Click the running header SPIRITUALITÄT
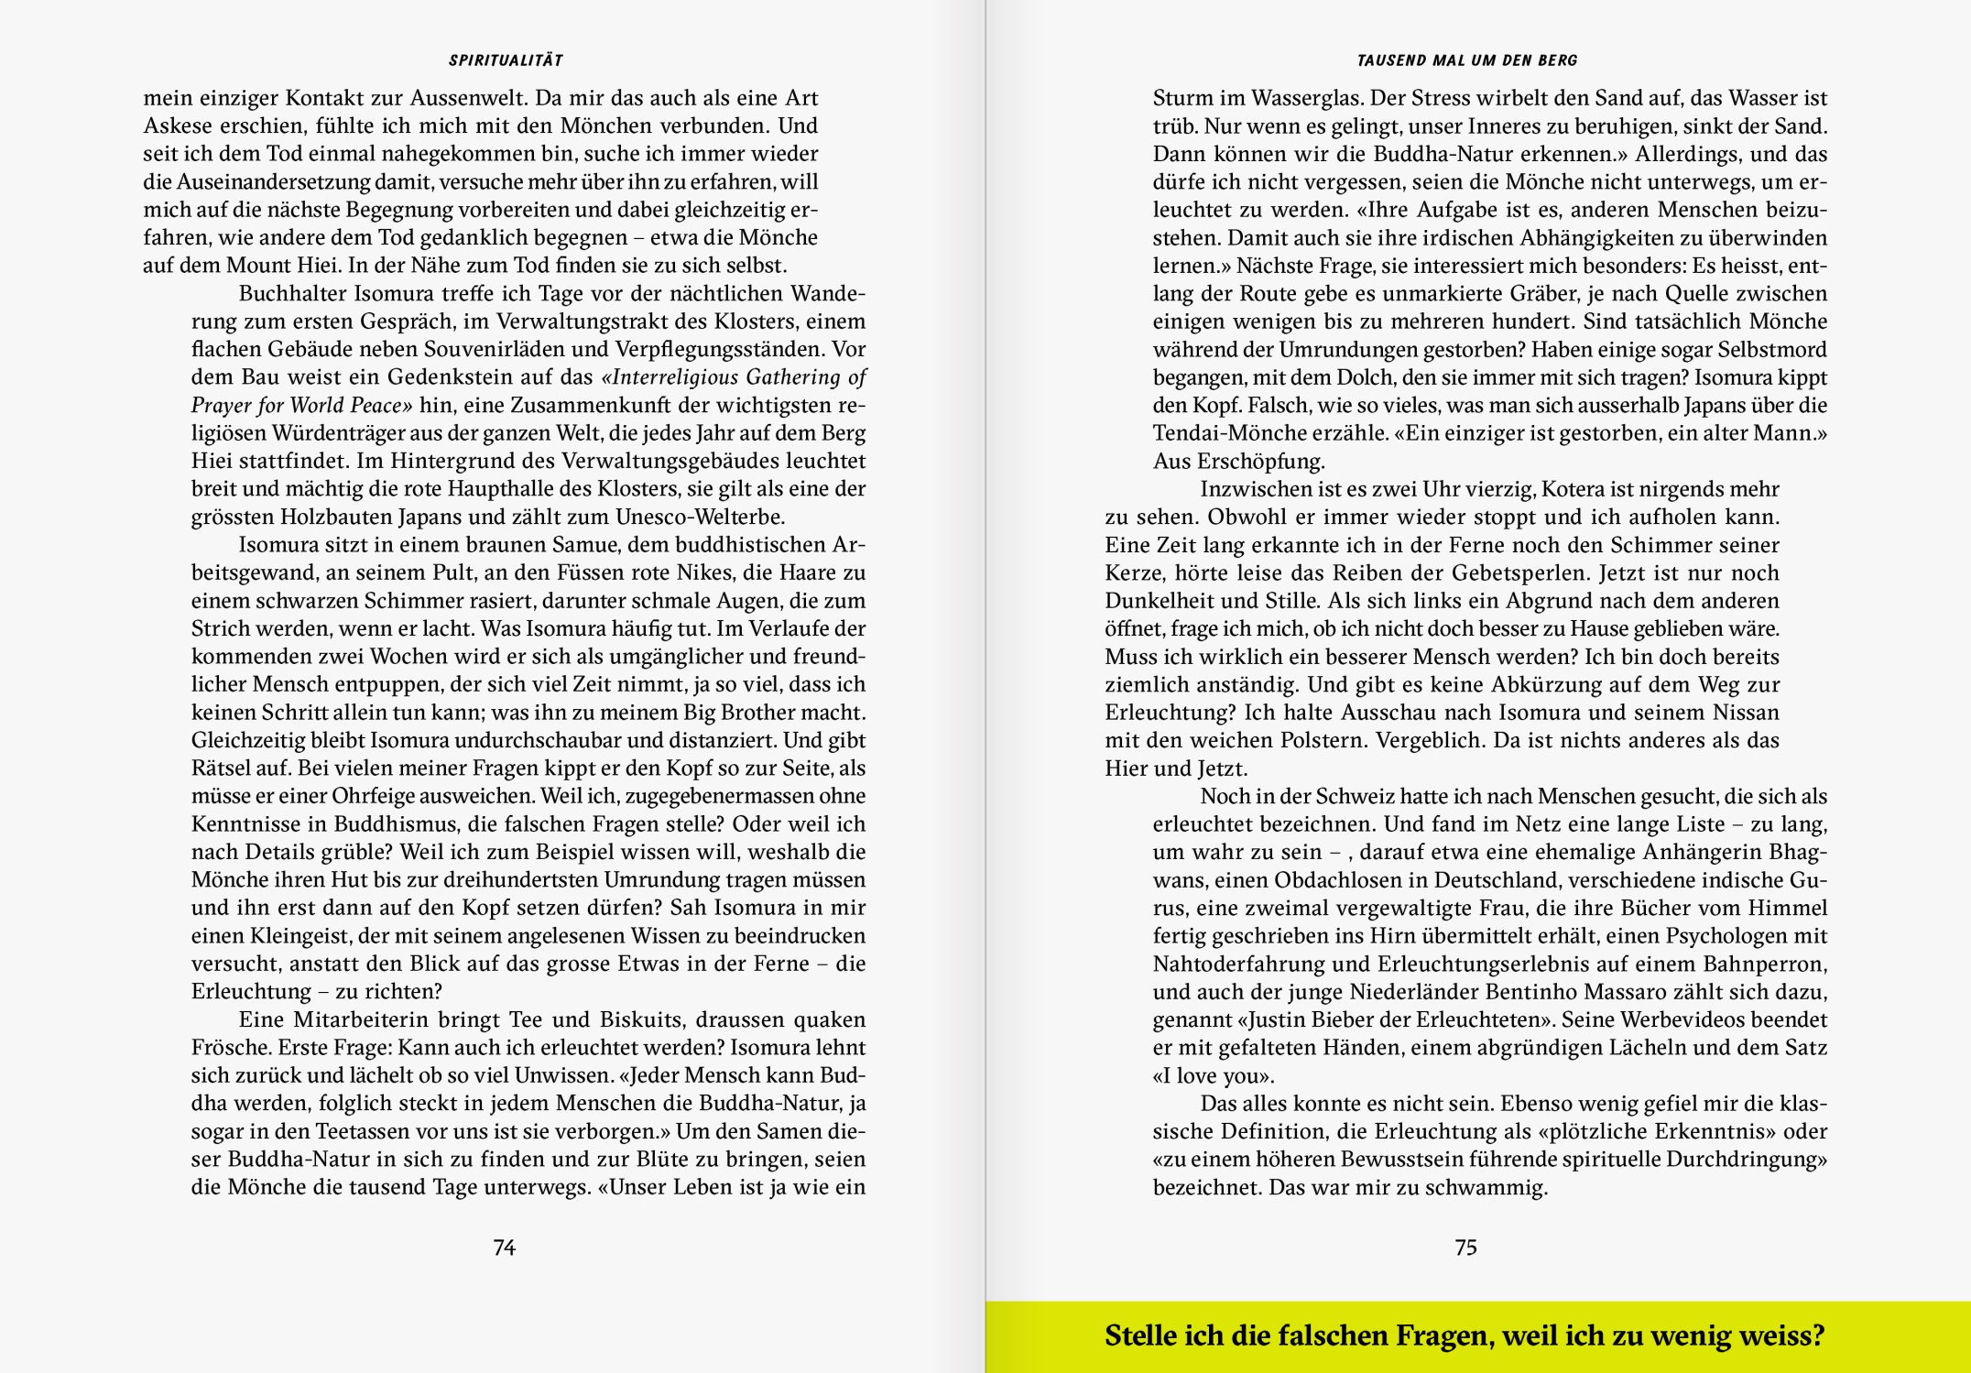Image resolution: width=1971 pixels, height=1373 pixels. [x=506, y=60]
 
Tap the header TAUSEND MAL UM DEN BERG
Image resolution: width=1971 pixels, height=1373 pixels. [x=1467, y=60]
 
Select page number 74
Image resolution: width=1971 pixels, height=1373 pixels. [x=505, y=1248]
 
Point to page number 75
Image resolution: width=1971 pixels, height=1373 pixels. [x=1465, y=1248]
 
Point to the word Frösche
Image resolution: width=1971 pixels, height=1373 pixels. [x=225, y=1048]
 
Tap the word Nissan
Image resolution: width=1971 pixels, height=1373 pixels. [x=1745, y=713]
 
